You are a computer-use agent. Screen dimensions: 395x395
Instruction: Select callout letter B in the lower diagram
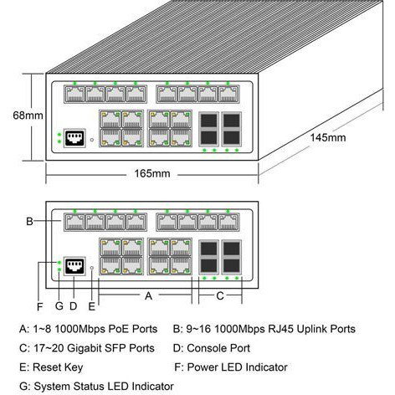(x=28, y=222)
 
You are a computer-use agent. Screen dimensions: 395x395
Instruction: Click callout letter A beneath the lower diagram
(x=148, y=295)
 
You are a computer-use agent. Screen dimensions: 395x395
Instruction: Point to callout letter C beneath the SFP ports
(x=219, y=295)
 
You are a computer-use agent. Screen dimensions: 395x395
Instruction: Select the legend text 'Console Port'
(x=218, y=347)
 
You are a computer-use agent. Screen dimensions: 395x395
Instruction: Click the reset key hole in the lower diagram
(x=91, y=269)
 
